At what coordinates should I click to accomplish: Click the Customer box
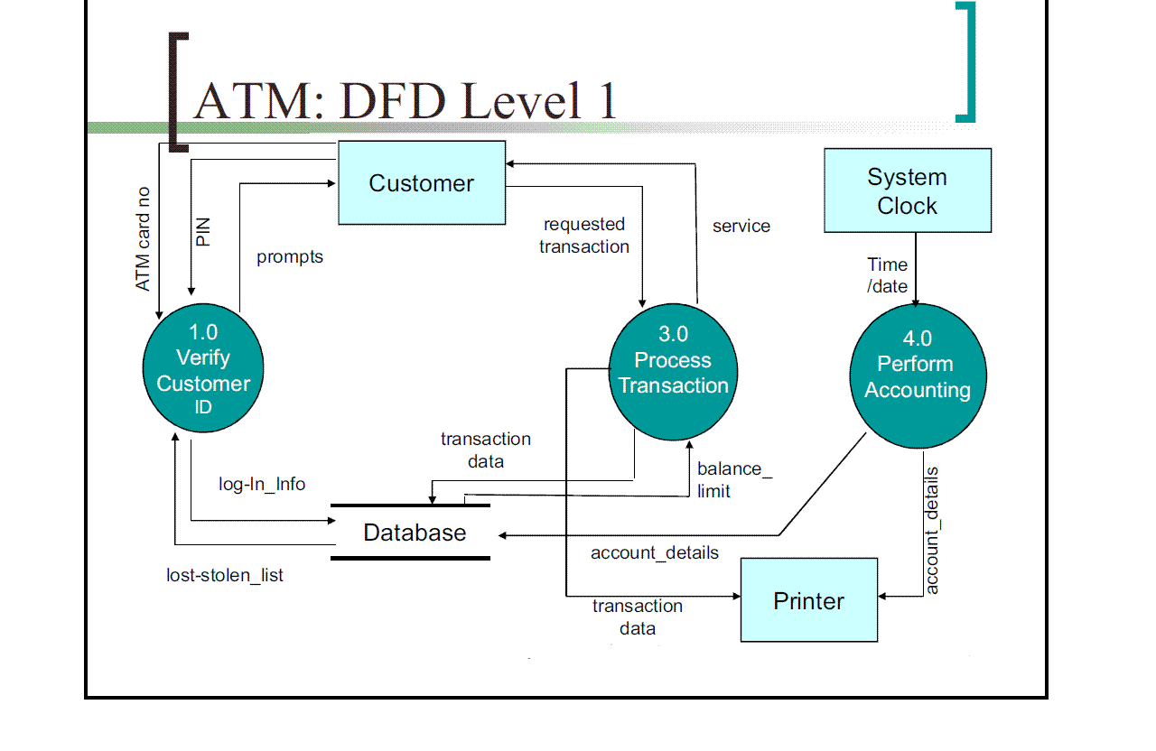tap(421, 182)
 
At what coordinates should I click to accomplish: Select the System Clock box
tap(907, 190)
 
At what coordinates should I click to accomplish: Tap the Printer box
tap(808, 600)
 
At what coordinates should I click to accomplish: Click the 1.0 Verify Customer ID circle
tap(203, 370)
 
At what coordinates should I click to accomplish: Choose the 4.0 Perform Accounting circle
tap(918, 376)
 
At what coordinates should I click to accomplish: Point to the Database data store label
tap(415, 533)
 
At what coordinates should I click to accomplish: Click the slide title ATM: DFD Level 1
tap(405, 99)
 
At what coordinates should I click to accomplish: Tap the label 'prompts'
tap(290, 257)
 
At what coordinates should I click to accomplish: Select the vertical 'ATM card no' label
tap(143, 239)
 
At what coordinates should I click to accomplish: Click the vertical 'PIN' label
tap(203, 231)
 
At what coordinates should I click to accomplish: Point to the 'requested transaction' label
tap(584, 236)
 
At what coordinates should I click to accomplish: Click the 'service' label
tap(741, 227)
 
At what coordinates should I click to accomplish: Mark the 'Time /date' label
tap(887, 275)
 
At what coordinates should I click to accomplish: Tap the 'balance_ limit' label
tap(734, 480)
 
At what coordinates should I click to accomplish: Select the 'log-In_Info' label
tap(262, 485)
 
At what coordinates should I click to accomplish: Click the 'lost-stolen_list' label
tap(225, 575)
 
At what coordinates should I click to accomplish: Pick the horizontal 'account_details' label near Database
tap(655, 552)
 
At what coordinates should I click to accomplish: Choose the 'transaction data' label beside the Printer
tap(637, 617)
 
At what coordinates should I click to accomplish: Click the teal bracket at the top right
tap(966, 61)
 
